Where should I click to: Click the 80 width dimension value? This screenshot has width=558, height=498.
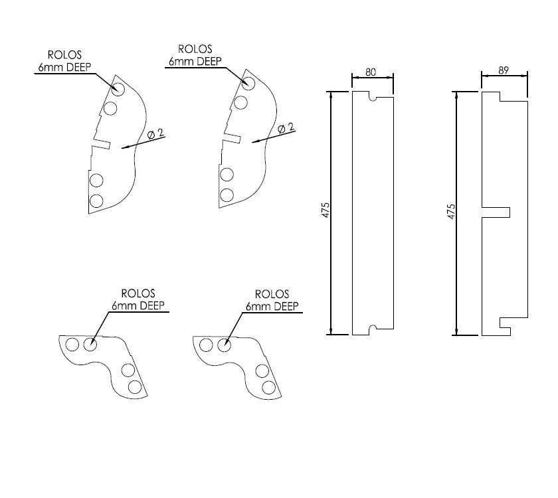372,72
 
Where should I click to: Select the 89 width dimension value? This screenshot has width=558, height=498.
504,70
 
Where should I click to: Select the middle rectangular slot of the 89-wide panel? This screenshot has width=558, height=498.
496,212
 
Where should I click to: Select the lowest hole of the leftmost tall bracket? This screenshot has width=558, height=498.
96,200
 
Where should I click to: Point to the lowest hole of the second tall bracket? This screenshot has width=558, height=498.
227,195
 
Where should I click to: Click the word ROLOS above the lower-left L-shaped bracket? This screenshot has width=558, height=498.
138,293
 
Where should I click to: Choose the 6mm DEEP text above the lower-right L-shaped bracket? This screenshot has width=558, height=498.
272,306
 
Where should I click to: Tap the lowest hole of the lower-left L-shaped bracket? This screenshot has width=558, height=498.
135,386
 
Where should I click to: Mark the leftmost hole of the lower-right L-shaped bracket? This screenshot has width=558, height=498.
206,345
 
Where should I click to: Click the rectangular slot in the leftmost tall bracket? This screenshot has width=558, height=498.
102,142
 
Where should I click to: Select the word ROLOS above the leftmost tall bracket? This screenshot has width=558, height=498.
64,54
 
